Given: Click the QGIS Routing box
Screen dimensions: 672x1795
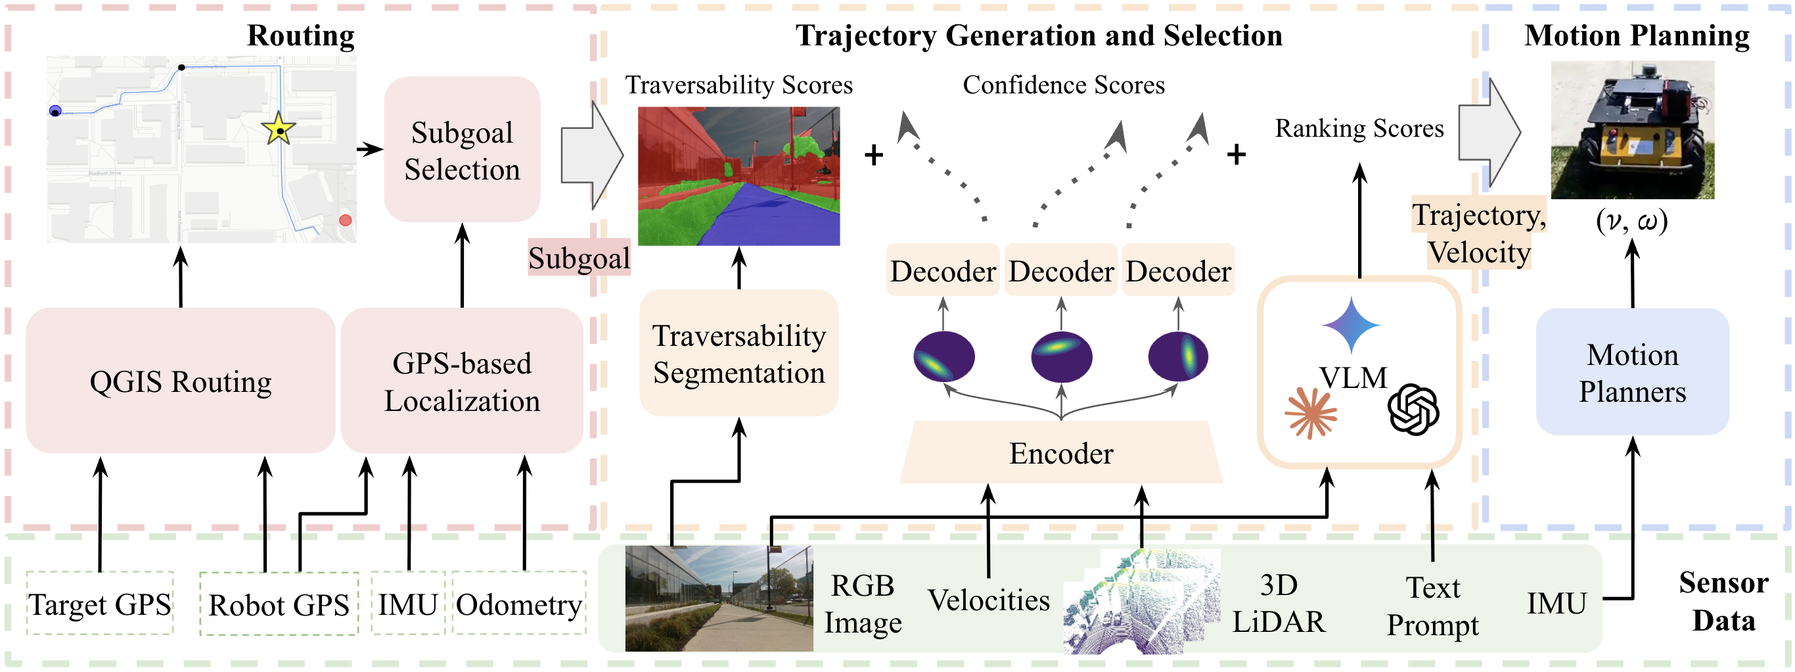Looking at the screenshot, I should [x=181, y=381].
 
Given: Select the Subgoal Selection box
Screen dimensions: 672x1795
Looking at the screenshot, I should [x=462, y=150].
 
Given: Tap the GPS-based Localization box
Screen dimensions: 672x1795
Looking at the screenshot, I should [x=462, y=381].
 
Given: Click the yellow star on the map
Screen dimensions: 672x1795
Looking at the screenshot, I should [x=279, y=128].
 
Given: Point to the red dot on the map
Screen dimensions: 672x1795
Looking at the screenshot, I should [x=345, y=220].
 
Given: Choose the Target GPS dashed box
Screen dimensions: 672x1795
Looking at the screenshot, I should [x=100, y=604].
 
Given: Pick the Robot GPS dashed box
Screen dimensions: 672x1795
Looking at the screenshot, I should [x=279, y=604].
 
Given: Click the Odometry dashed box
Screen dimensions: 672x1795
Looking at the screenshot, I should [x=519, y=604].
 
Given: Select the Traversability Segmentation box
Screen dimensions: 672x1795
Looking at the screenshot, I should [x=738, y=354].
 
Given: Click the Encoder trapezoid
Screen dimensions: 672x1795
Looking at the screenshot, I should [x=1060, y=453].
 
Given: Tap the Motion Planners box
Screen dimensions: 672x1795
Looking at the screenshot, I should [x=1632, y=372].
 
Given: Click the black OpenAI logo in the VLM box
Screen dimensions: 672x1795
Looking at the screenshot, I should [x=1413, y=409].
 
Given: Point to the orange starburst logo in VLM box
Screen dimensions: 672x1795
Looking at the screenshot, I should [x=1311, y=412].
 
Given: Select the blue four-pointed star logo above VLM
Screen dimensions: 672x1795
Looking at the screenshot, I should [x=1351, y=325].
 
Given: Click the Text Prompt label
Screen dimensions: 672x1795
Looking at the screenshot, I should [x=1433, y=606].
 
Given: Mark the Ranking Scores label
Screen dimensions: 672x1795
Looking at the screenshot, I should [x=1359, y=128].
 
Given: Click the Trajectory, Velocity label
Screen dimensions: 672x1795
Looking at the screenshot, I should [x=1479, y=233].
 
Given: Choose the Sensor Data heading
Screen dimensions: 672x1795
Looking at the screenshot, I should [x=1723, y=601].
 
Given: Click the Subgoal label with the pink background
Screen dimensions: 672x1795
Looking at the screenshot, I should [x=578, y=258].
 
